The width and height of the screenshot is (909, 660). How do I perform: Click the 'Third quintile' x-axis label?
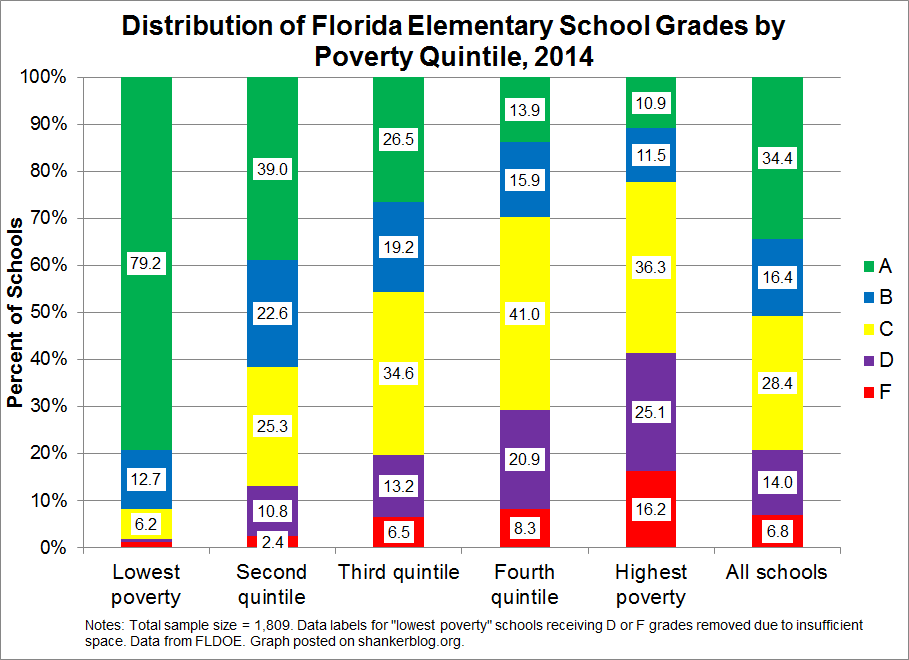pyautogui.click(x=399, y=572)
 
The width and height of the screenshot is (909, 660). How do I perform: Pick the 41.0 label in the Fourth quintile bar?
pyautogui.click(x=525, y=315)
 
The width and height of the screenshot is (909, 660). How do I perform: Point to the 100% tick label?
pyautogui.click(x=45, y=77)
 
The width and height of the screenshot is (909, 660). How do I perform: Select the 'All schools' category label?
pyautogui.click(x=777, y=572)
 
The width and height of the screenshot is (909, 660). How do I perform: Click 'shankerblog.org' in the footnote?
pyautogui.click(x=422, y=640)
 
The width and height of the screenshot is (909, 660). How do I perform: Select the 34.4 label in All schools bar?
pyautogui.click(x=777, y=157)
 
